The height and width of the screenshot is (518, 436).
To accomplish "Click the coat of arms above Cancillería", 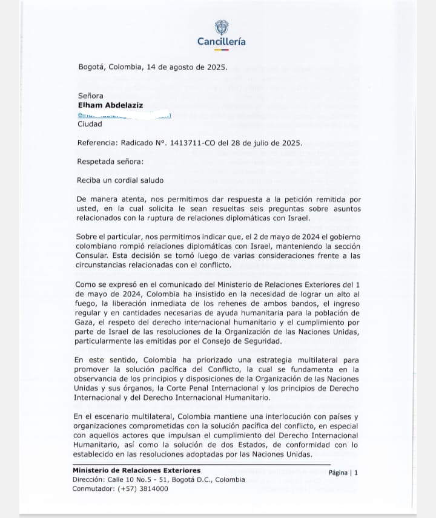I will click(221, 27).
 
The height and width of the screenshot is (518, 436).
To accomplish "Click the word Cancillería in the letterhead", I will click(222, 42).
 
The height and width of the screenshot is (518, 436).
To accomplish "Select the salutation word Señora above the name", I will click(91, 96).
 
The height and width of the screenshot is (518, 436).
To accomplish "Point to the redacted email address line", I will click(124, 115).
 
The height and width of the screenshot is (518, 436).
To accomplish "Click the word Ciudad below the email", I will click(90, 125).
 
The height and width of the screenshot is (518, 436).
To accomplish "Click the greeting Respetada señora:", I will click(111, 162).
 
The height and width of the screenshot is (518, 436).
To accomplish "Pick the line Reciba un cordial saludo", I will click(120, 180).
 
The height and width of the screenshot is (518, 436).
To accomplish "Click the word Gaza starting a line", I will click(83, 323).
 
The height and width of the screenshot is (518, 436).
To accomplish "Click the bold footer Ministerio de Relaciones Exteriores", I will click(136, 470).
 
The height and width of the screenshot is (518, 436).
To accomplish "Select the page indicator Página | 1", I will click(343, 473).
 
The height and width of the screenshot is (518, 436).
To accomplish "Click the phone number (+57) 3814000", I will click(140, 488).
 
